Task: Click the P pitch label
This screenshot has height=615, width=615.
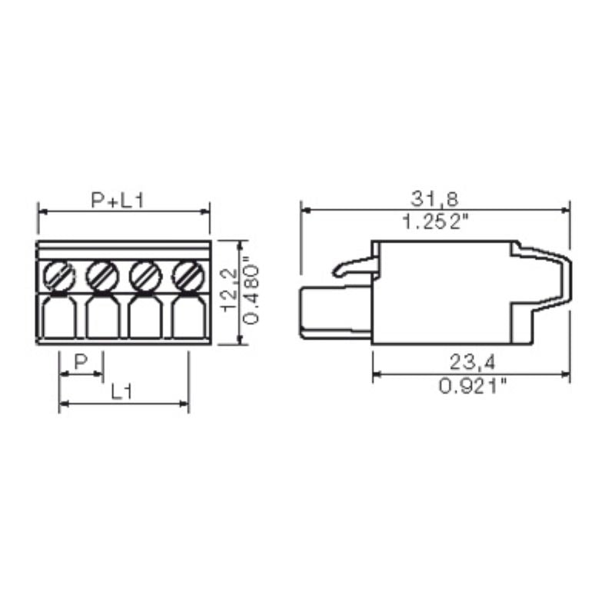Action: (81, 362)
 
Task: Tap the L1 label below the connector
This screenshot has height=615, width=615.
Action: (120, 392)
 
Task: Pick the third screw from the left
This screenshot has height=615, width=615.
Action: (144, 274)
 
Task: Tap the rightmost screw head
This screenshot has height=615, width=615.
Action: (186, 274)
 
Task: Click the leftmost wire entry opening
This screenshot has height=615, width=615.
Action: (58, 319)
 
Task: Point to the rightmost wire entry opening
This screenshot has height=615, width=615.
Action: (186, 319)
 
